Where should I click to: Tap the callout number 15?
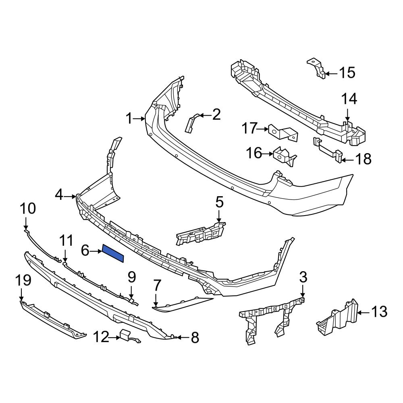click(x=347, y=73)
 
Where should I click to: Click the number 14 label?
click(x=349, y=99)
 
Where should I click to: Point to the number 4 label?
click(x=59, y=195)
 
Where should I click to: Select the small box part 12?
click(x=125, y=334)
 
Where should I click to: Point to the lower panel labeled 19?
click(x=52, y=318)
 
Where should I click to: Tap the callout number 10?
click(x=28, y=208)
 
